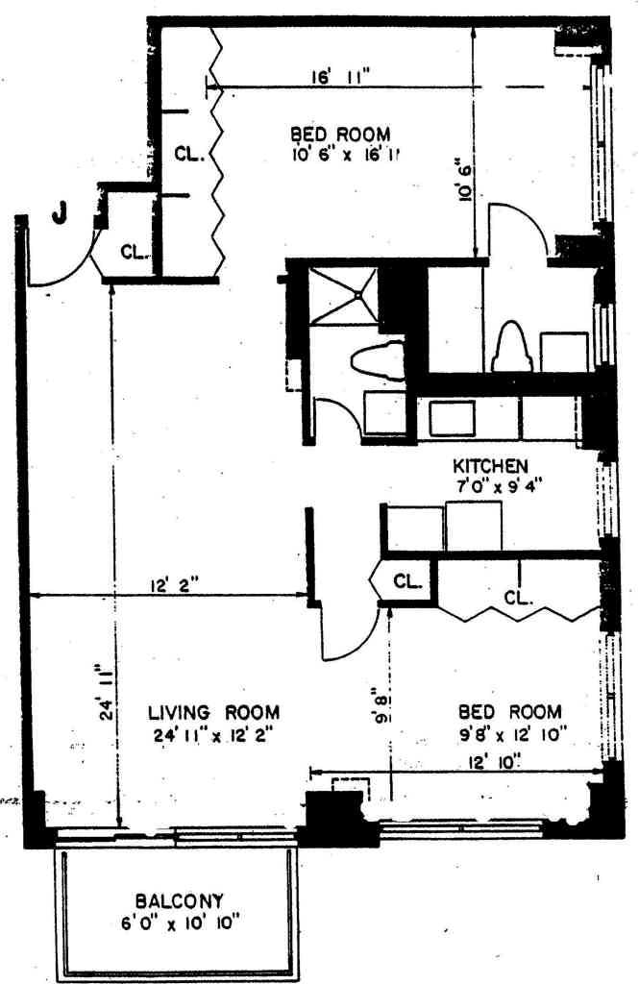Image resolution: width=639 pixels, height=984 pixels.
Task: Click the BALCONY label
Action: coord(179,901)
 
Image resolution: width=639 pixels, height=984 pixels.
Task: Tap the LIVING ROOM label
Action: coord(213,713)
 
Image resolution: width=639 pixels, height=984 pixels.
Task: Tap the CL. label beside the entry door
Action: coord(135,254)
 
